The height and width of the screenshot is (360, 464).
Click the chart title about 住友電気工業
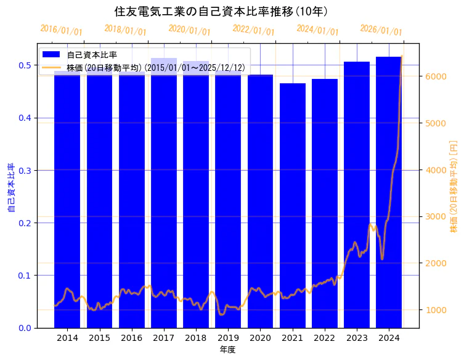[221, 11]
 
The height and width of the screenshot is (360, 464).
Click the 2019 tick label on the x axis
[228, 338]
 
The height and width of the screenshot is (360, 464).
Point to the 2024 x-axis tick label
[389, 338]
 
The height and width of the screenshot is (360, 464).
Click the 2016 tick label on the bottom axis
[131, 338]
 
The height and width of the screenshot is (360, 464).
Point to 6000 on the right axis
[435, 76]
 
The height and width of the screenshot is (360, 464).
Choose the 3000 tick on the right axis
[435, 216]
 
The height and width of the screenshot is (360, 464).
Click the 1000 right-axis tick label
[435, 310]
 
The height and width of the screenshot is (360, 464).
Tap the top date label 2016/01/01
[61, 30]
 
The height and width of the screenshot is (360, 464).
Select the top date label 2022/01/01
[253, 30]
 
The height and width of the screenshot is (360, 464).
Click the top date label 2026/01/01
[381, 30]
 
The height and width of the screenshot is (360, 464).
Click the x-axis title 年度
[228, 350]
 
